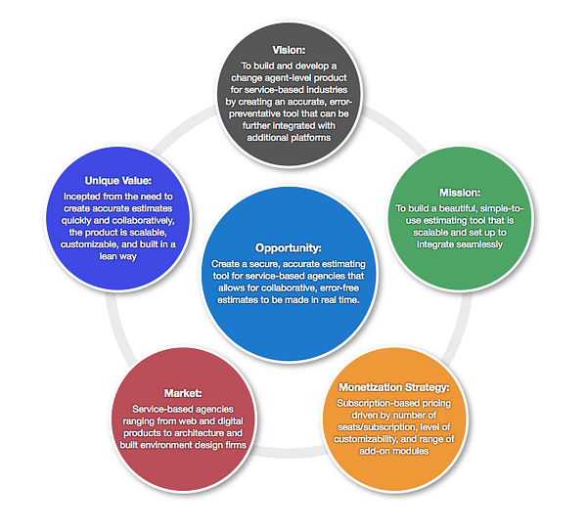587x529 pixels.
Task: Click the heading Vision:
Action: pos(291,47)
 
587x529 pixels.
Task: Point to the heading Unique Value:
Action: pos(110,181)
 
